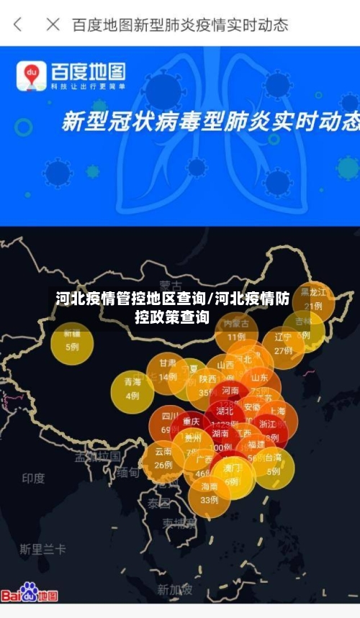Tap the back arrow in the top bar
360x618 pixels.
tap(18, 24)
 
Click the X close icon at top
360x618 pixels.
tap(53, 24)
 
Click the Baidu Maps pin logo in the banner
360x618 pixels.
tap(32, 75)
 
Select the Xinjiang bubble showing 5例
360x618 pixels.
tap(72, 342)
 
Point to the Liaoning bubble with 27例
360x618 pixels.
tap(283, 345)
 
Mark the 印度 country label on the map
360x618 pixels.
tap(33, 478)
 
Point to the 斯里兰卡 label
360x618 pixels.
tap(42, 549)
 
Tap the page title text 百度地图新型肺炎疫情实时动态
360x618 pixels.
tap(180, 24)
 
